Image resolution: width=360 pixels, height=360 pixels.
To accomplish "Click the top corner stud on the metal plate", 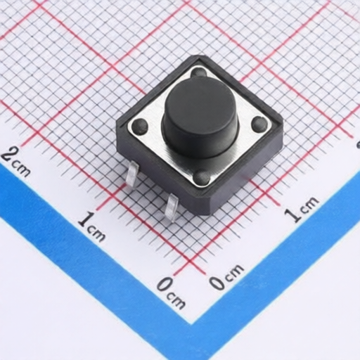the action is click(199, 72).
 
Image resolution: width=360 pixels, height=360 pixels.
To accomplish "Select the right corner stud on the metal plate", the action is click(259, 124).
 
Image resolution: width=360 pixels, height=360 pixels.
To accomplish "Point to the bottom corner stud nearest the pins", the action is click(202, 177).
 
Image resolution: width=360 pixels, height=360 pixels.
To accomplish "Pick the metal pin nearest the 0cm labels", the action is click(171, 208).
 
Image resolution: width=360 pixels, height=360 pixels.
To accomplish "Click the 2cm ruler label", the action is click(16, 162).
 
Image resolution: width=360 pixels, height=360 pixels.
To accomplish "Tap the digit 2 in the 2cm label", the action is click(8, 155).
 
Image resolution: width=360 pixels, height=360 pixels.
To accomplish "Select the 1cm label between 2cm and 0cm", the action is click(92, 227).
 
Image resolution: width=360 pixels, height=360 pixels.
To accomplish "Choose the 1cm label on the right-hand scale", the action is click(302, 209).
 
